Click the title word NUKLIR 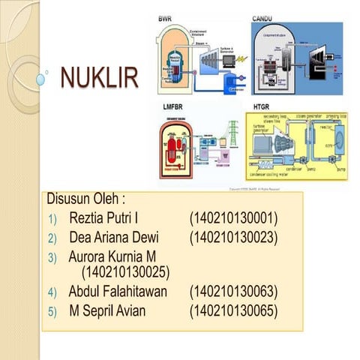click(98, 77)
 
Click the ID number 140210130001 click(233, 219)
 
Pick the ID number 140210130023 click(233, 238)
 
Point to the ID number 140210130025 click(124, 271)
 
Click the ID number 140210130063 click(233, 291)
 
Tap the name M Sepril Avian click(107, 310)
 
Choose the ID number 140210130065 click(233, 310)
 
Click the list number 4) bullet click(52, 292)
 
